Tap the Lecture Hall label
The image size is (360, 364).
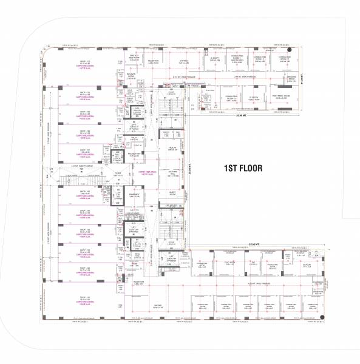pos(172,176)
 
